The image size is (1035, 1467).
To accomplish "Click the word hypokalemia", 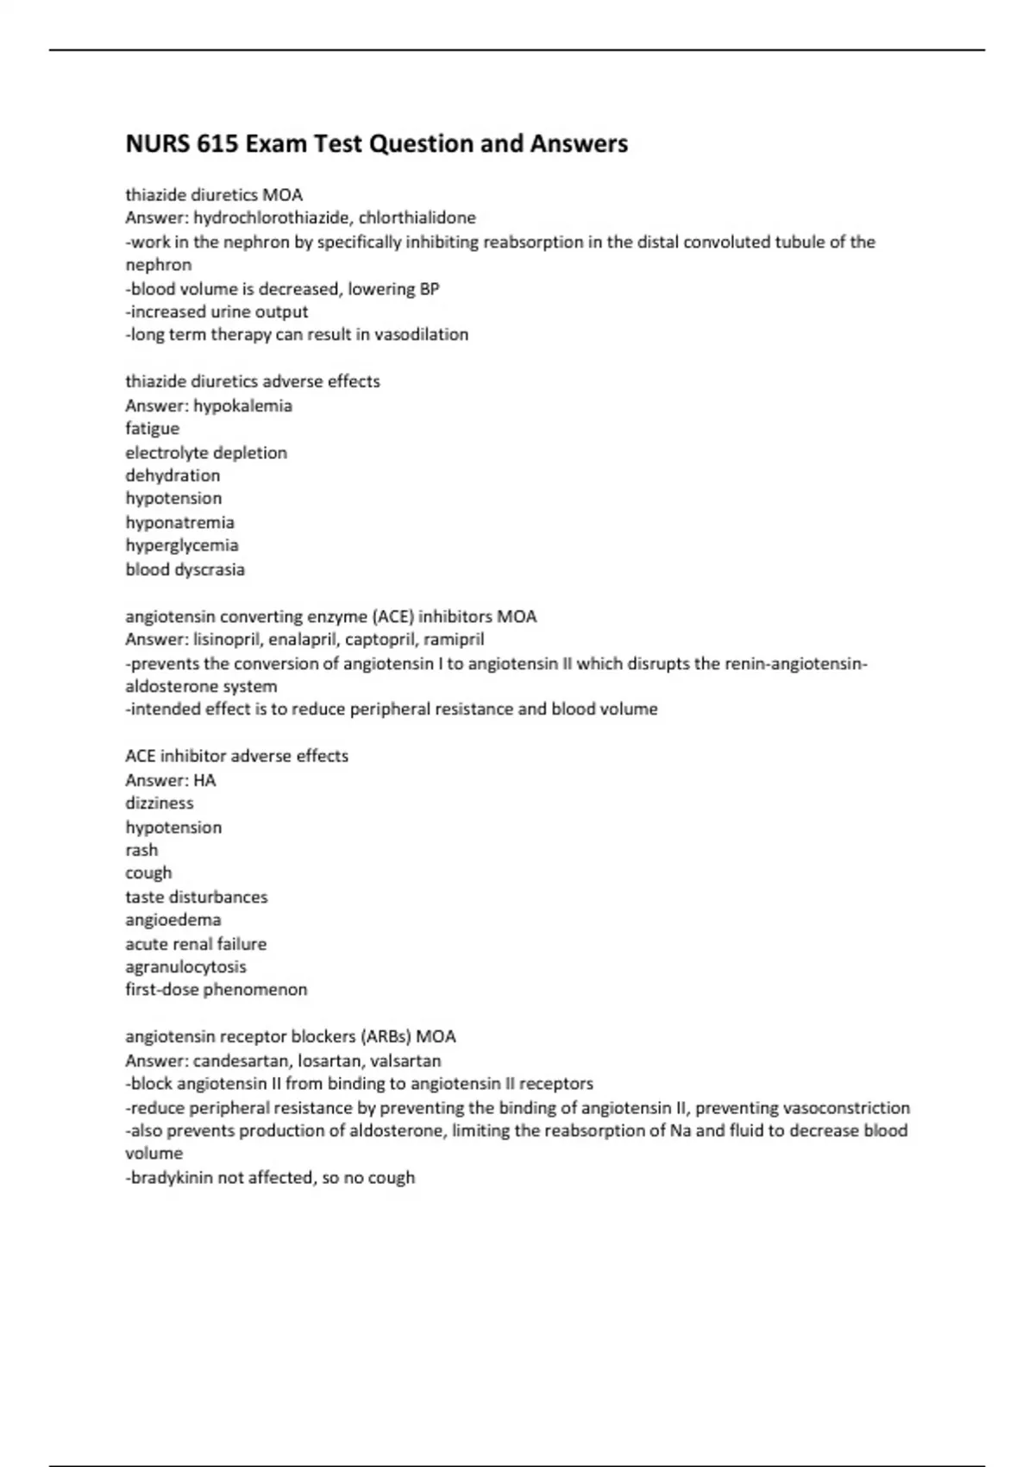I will [x=242, y=406].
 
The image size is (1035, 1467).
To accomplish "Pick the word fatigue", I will [x=153, y=429].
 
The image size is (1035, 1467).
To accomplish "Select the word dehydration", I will [x=172, y=475].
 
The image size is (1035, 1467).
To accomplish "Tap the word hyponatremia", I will [x=179, y=522].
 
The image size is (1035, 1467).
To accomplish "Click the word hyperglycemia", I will [x=182, y=545].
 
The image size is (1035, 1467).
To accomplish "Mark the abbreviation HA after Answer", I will [x=204, y=780].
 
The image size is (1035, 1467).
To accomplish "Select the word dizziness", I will [x=160, y=803].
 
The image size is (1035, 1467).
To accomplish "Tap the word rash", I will [x=141, y=850].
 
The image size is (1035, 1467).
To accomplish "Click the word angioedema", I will [x=173, y=920].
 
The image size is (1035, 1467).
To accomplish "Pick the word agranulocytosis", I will [x=185, y=966].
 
